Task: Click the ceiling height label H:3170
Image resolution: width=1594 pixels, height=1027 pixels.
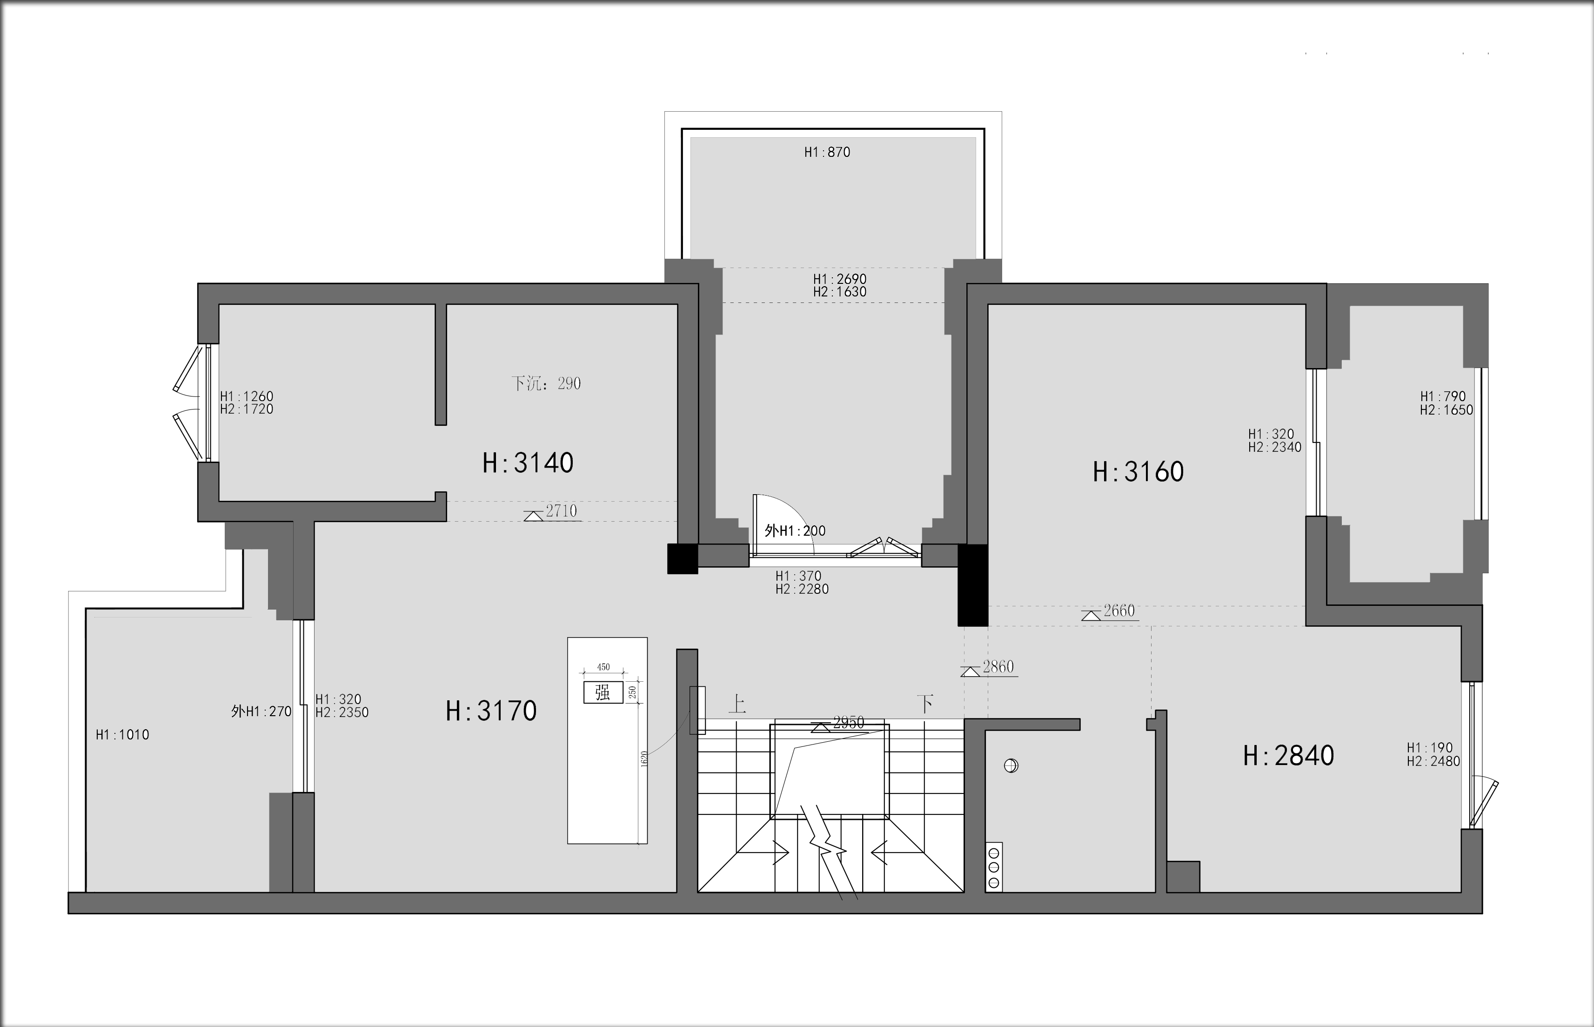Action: (491, 711)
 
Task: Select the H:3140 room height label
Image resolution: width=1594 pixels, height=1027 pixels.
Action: (528, 463)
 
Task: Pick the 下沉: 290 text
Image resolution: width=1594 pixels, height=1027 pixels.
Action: (546, 383)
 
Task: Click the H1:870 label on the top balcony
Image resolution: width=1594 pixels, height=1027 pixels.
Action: (827, 152)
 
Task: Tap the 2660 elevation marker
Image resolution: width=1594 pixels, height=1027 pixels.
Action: (1110, 612)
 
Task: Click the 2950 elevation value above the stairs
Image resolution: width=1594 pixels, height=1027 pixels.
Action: (849, 722)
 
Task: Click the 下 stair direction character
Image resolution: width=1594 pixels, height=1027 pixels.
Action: (925, 704)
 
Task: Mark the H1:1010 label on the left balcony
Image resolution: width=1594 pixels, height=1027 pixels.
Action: (123, 735)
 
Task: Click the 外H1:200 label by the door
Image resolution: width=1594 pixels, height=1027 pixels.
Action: (795, 531)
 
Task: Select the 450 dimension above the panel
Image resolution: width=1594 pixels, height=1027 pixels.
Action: (603, 667)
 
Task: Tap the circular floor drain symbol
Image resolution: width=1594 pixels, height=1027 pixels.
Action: (1011, 765)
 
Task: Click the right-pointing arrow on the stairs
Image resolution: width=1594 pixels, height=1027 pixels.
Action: (764, 852)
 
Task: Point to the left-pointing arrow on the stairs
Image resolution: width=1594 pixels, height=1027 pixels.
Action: (897, 852)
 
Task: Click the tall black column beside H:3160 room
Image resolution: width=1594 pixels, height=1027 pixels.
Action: (973, 585)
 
